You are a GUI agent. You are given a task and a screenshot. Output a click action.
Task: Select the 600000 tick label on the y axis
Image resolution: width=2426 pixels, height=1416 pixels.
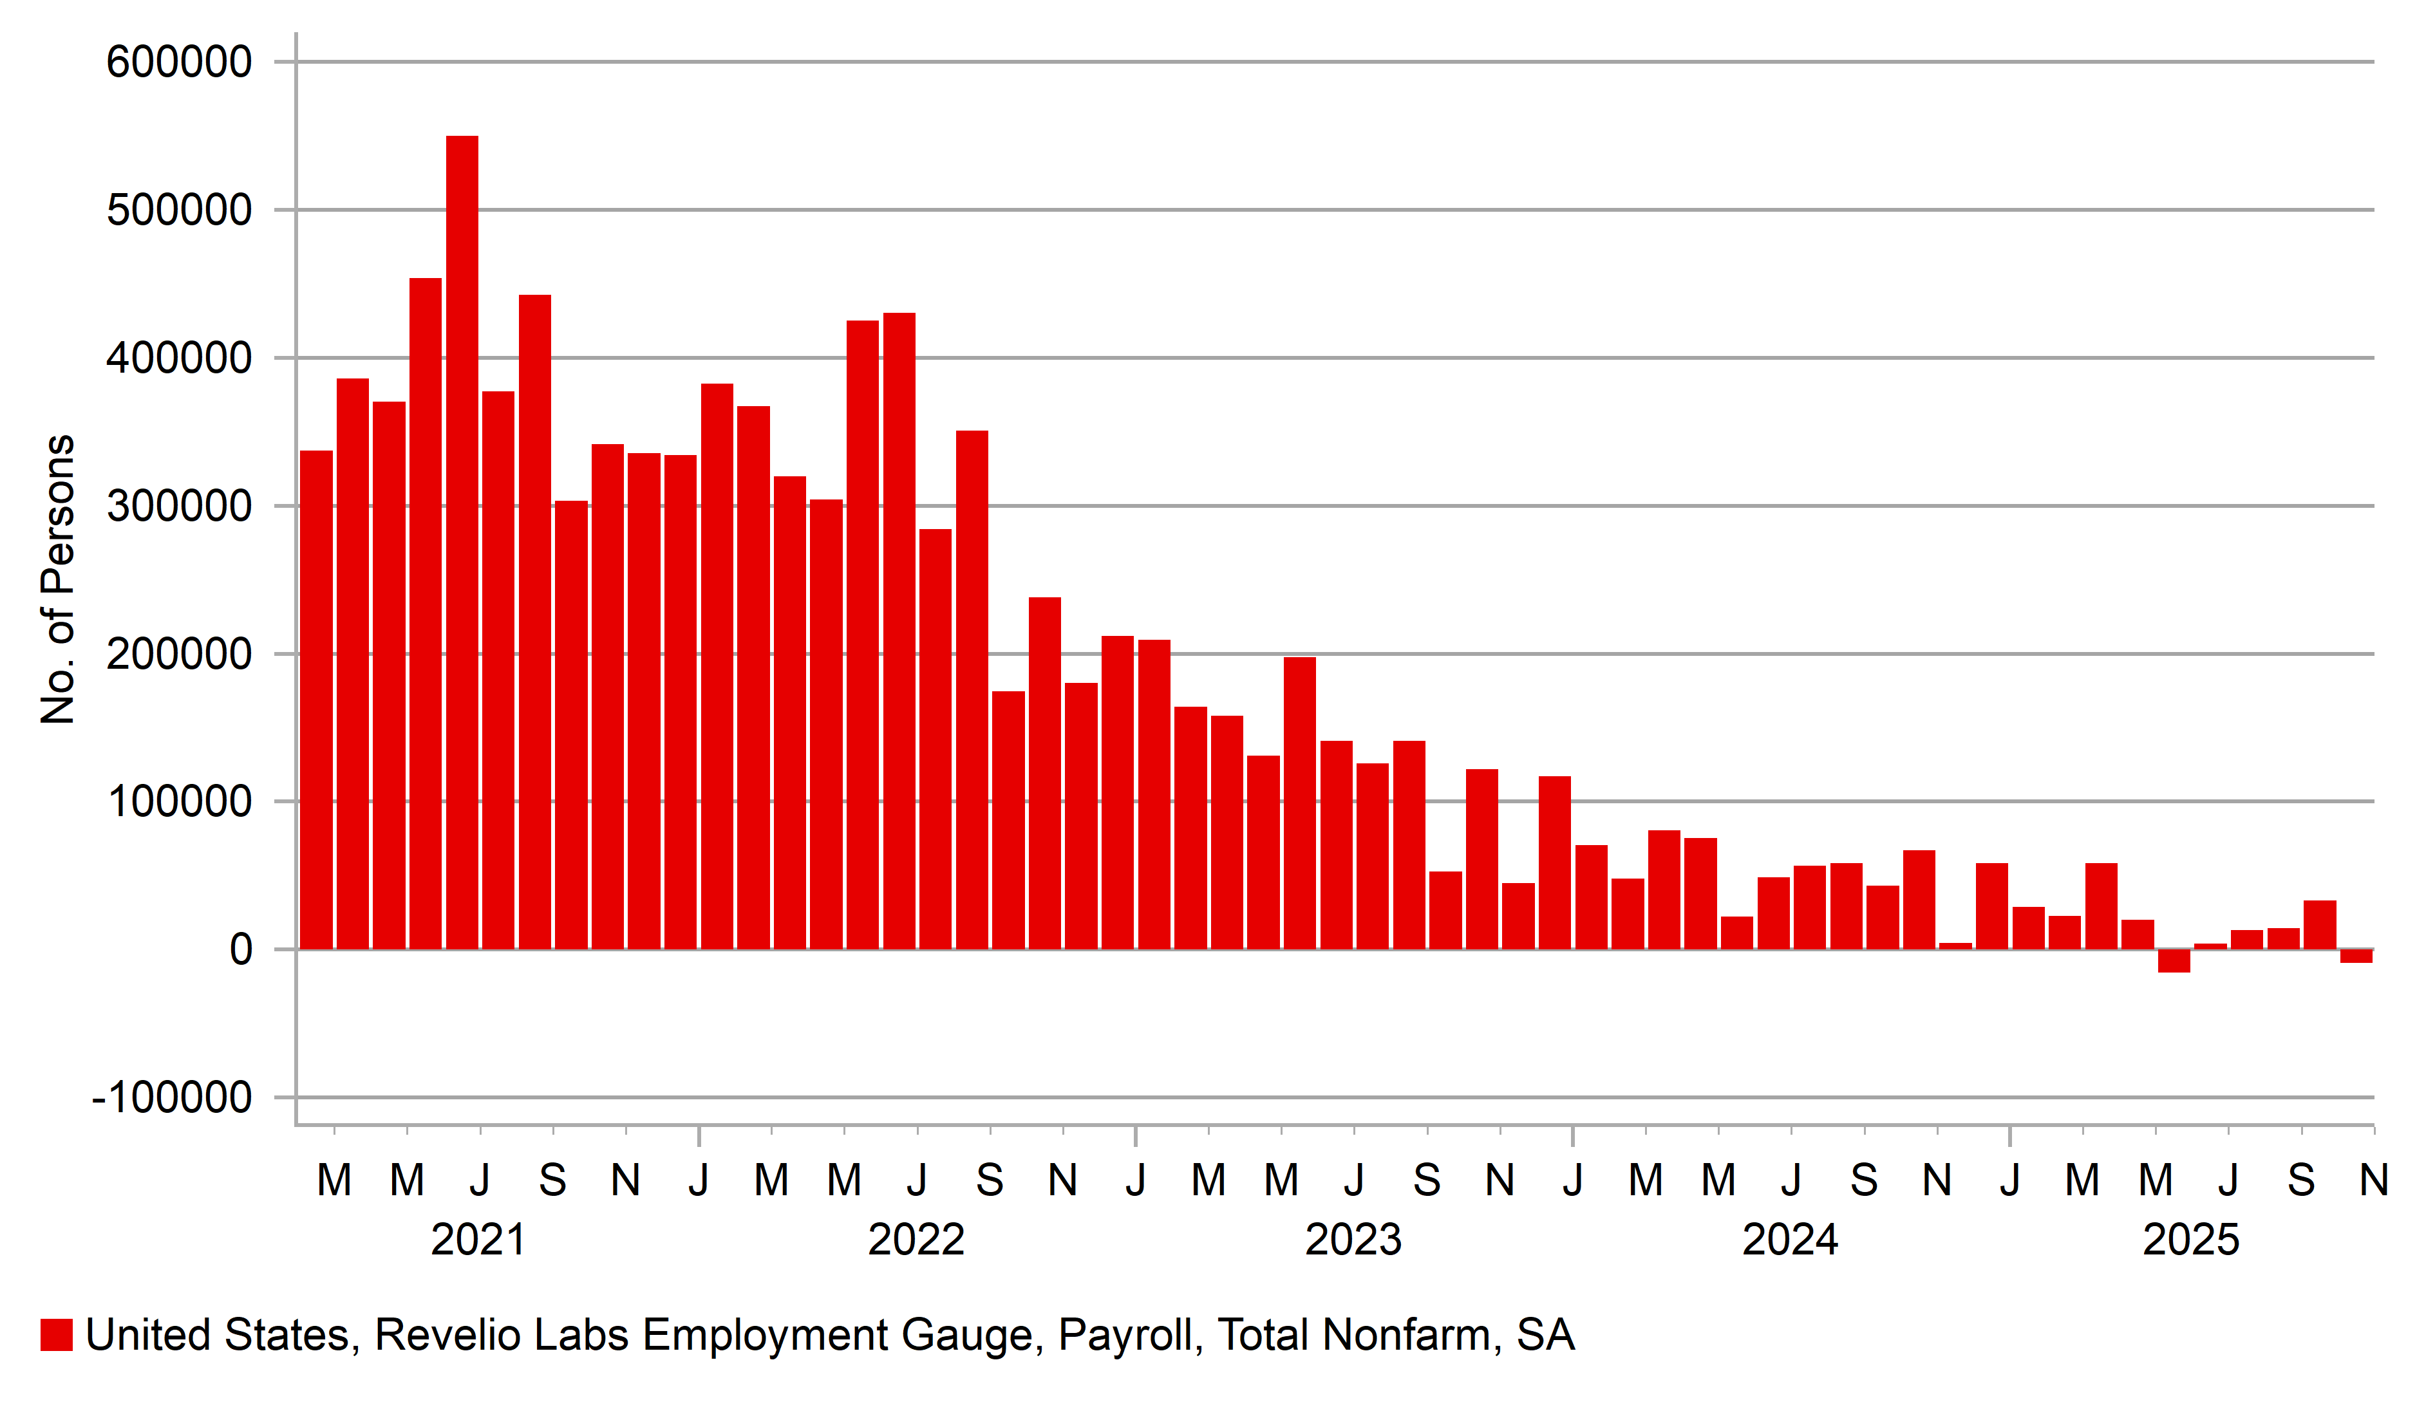coord(179,62)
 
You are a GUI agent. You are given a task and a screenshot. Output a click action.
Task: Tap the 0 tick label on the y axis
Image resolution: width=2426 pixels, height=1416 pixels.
coord(241,950)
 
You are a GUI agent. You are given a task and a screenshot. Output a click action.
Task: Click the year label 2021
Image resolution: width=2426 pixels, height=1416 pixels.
coord(478,1240)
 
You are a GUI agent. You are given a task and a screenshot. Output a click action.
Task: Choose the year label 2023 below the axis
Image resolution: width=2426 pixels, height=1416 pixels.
coord(1353,1240)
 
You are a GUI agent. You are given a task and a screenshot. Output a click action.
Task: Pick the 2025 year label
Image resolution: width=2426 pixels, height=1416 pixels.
coord(2191,1240)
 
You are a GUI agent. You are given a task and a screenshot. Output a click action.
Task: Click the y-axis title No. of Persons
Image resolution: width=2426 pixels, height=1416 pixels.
coord(58,579)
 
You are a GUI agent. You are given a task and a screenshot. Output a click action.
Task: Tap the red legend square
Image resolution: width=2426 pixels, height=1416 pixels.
coord(57,1335)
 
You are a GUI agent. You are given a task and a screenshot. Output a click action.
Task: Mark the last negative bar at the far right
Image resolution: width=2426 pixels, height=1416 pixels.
coord(2356,956)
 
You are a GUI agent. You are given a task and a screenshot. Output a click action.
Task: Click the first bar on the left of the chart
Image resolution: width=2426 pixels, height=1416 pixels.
coord(317,700)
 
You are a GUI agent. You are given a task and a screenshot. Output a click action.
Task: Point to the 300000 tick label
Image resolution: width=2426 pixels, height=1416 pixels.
coord(179,507)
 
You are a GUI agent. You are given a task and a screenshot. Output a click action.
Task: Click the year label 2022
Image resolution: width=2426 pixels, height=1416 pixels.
coord(916,1240)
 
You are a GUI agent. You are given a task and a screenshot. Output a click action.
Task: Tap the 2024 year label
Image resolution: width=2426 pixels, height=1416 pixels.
coord(1790,1240)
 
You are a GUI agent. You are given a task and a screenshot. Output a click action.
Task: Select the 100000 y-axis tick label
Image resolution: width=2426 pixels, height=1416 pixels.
coord(179,802)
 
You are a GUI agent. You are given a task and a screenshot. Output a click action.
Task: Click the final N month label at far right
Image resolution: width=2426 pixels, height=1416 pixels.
coord(2374,1180)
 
